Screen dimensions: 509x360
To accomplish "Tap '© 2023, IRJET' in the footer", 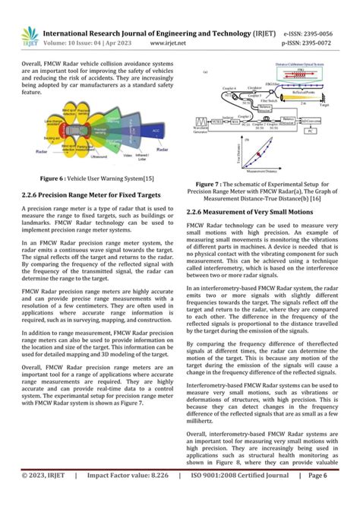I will (x=39, y=497).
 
